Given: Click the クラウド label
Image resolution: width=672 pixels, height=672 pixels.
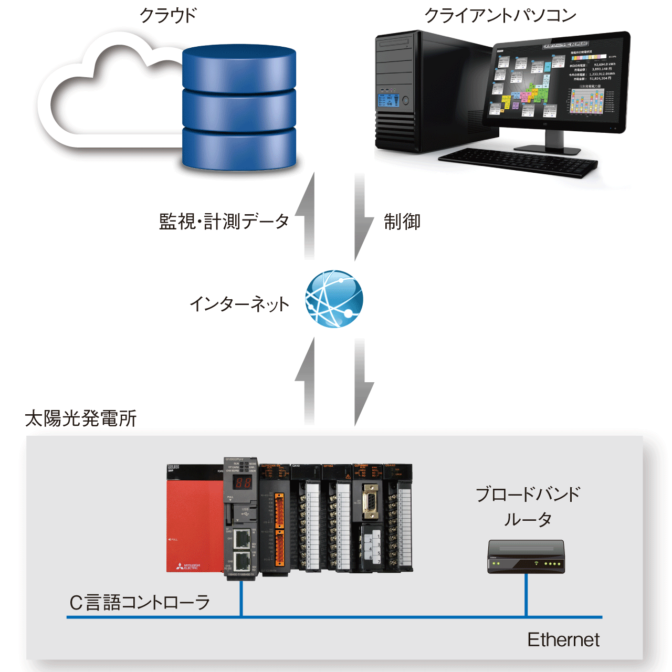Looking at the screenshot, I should pyautogui.click(x=167, y=15).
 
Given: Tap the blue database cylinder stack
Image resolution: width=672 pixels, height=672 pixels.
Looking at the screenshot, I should pyautogui.click(x=239, y=107).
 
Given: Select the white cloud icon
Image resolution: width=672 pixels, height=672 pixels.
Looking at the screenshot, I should pyautogui.click(x=105, y=94).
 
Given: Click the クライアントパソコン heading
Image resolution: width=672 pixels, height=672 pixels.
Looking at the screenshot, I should pyautogui.click(x=500, y=15).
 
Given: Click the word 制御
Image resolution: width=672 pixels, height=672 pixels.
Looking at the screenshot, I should pyautogui.click(x=402, y=222).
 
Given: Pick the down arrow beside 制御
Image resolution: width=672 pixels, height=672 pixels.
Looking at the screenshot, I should pyautogui.click(x=362, y=218).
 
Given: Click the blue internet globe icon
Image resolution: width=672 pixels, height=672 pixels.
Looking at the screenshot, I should pyautogui.click(x=334, y=299).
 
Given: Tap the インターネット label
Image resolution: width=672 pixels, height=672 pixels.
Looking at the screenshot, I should pyautogui.click(x=239, y=304).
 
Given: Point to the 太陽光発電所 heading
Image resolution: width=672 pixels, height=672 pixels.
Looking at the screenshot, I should pyautogui.click(x=81, y=418).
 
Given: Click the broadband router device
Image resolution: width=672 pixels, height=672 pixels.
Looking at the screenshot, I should pyautogui.click(x=526, y=556).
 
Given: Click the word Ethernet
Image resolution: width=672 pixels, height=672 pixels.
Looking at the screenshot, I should pyautogui.click(x=563, y=640).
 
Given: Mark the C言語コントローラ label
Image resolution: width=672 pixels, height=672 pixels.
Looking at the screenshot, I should pyautogui.click(x=140, y=603).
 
